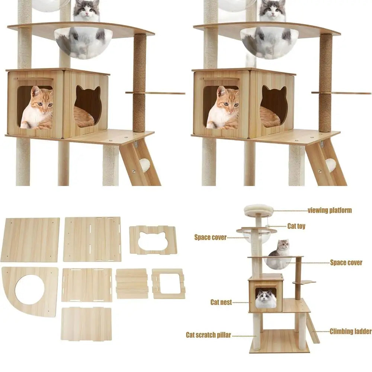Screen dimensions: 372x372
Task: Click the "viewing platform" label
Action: (x=330, y=211)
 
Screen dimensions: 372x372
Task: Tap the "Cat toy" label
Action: (x=296, y=226)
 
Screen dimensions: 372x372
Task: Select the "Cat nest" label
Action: (x=221, y=302)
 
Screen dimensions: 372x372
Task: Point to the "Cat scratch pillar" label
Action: (x=208, y=335)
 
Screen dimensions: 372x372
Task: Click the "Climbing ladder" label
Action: (x=350, y=331)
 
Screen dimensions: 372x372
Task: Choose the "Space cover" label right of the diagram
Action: (x=346, y=263)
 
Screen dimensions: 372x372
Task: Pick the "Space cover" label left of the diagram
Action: (x=210, y=237)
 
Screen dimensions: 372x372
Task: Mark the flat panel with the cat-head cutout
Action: (x=153, y=240)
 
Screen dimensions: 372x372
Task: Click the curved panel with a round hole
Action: (x=30, y=291)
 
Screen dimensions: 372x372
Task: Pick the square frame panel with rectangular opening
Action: (x=168, y=283)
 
